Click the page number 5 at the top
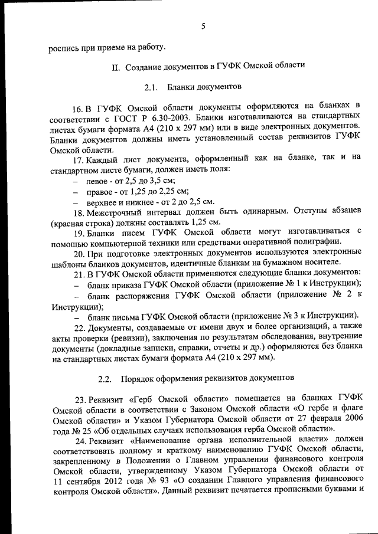click(203, 27)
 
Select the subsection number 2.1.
click(151, 89)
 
